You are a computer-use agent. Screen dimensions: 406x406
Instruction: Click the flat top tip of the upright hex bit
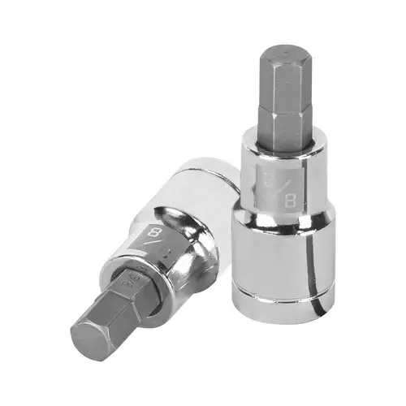279,50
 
